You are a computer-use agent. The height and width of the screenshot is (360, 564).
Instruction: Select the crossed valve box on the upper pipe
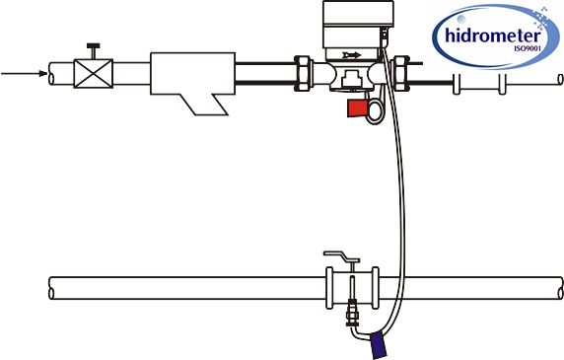[x=95, y=74]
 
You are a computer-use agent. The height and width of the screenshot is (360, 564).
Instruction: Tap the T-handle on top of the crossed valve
[x=95, y=48]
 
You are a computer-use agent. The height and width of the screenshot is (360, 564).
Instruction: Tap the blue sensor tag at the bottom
[x=378, y=344]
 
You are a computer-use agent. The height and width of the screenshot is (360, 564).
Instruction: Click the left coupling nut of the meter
[x=306, y=72]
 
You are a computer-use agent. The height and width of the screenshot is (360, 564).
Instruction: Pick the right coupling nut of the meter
[x=401, y=72]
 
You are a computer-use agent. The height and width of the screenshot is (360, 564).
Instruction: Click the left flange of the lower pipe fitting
[x=330, y=287]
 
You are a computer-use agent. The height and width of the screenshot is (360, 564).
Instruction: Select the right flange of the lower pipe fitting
[x=376, y=287]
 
